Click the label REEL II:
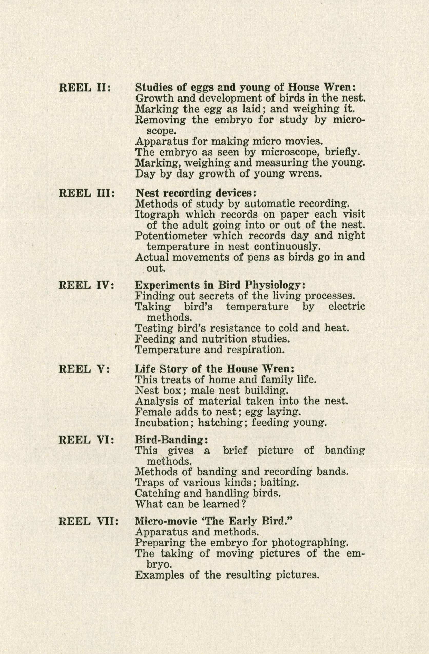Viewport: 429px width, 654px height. (85, 88)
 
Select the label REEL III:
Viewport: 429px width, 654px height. (86, 193)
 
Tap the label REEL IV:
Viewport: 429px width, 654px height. (86, 285)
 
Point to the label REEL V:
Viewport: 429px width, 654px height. (84, 369)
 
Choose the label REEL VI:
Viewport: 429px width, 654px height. (86, 440)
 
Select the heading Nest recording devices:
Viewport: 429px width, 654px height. (196, 193)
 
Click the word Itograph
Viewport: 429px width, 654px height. (157, 214)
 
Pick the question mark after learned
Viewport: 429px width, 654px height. (243, 504)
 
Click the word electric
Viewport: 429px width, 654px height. (347, 307)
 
